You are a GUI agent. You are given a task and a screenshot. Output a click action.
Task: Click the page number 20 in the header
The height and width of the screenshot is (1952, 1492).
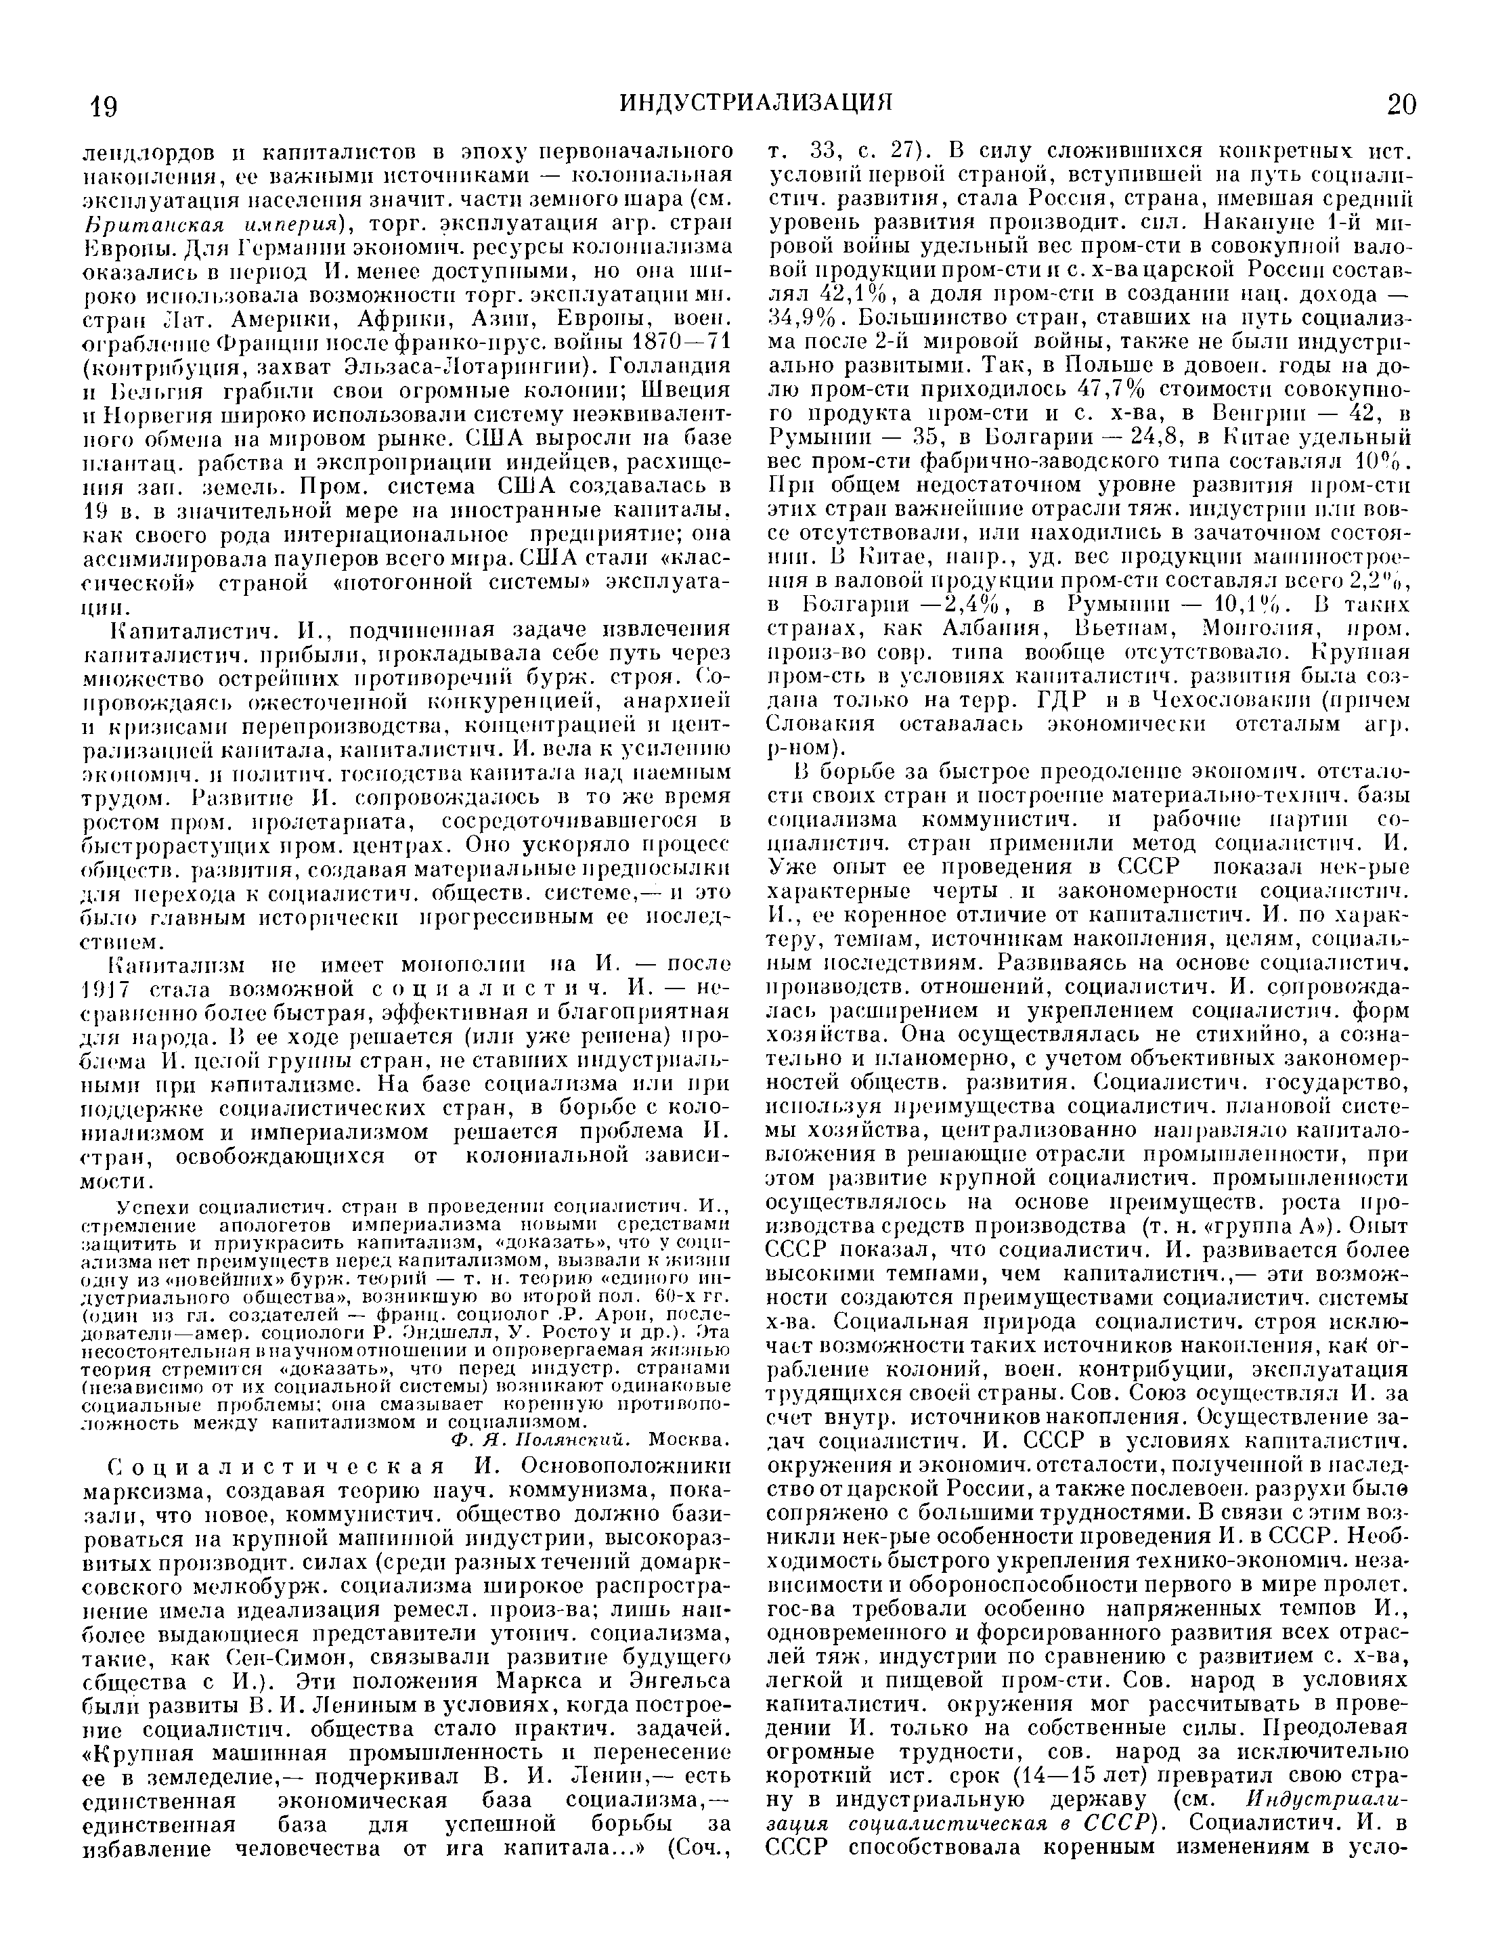(x=1401, y=105)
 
